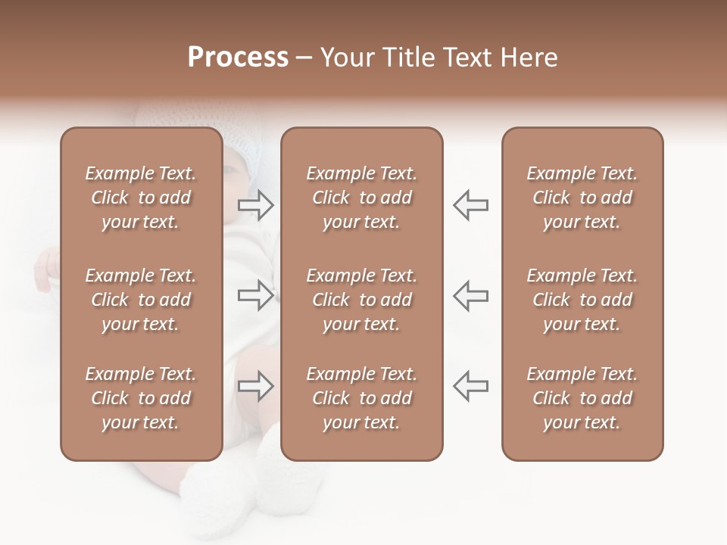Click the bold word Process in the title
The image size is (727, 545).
[x=238, y=58]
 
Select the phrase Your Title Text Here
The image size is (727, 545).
[x=439, y=58]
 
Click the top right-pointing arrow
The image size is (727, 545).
[x=256, y=205]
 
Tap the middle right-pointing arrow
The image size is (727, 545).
[x=256, y=295]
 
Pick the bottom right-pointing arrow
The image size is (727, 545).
[x=256, y=386]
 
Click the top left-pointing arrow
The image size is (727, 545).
[x=470, y=205]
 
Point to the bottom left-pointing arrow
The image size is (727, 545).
[x=470, y=386]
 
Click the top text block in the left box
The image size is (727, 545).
[x=141, y=198]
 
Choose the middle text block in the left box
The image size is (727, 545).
[x=141, y=300]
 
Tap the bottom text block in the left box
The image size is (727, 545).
[x=141, y=398]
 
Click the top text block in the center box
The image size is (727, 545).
[x=362, y=198]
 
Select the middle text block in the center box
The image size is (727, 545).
[x=362, y=300]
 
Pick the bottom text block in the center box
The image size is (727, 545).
[x=362, y=398]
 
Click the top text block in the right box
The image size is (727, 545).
[x=582, y=198]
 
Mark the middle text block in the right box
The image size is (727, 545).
[x=582, y=300]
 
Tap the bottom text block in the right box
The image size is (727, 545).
[x=582, y=398]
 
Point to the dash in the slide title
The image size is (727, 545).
[x=304, y=58]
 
